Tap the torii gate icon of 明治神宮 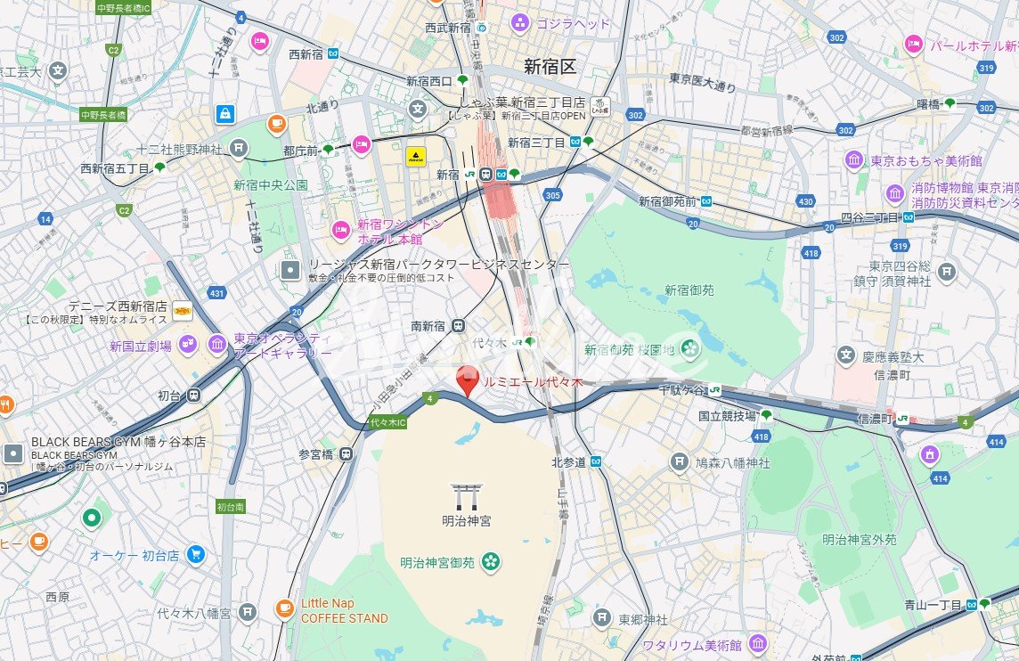pos(465,494)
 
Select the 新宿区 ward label pos(550,66)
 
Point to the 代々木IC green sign pos(387,421)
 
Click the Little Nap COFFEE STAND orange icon pos(284,609)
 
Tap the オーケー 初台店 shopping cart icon pos(195,555)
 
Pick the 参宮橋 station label pos(315,454)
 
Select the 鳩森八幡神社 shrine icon pos(679,461)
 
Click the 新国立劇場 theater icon pos(187,345)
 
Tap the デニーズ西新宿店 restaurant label pos(126,305)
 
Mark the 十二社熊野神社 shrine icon pos(238,147)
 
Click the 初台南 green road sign pos(230,506)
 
